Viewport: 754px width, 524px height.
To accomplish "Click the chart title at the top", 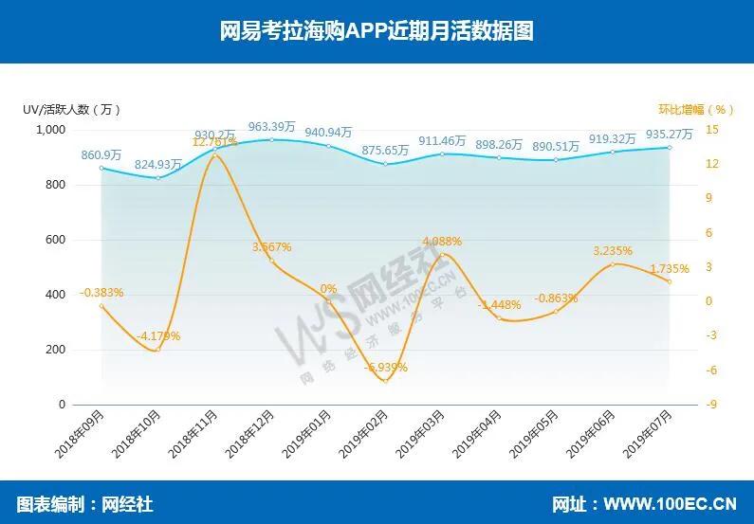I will click(x=377, y=31).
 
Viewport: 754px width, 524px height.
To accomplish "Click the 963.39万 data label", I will click(x=272, y=126).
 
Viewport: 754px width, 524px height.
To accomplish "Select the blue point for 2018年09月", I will click(x=101, y=168).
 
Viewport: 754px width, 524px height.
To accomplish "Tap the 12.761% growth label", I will click(x=215, y=142).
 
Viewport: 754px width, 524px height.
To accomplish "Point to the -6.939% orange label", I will click(x=385, y=367).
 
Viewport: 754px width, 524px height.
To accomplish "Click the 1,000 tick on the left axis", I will click(x=49, y=130).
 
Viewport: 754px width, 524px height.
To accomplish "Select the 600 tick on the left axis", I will click(x=54, y=240).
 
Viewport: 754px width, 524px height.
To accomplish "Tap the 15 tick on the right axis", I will click(x=711, y=130).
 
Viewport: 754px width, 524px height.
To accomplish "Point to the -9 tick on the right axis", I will click(x=711, y=405).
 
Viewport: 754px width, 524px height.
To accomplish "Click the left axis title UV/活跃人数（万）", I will click(x=72, y=109).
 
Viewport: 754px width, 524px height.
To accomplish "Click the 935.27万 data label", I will click(x=669, y=134).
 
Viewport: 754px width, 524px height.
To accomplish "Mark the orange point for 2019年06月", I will click(x=613, y=263).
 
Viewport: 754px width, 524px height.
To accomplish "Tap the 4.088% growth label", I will click(x=442, y=241).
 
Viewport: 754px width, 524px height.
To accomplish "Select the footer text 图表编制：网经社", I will click(x=84, y=504).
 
